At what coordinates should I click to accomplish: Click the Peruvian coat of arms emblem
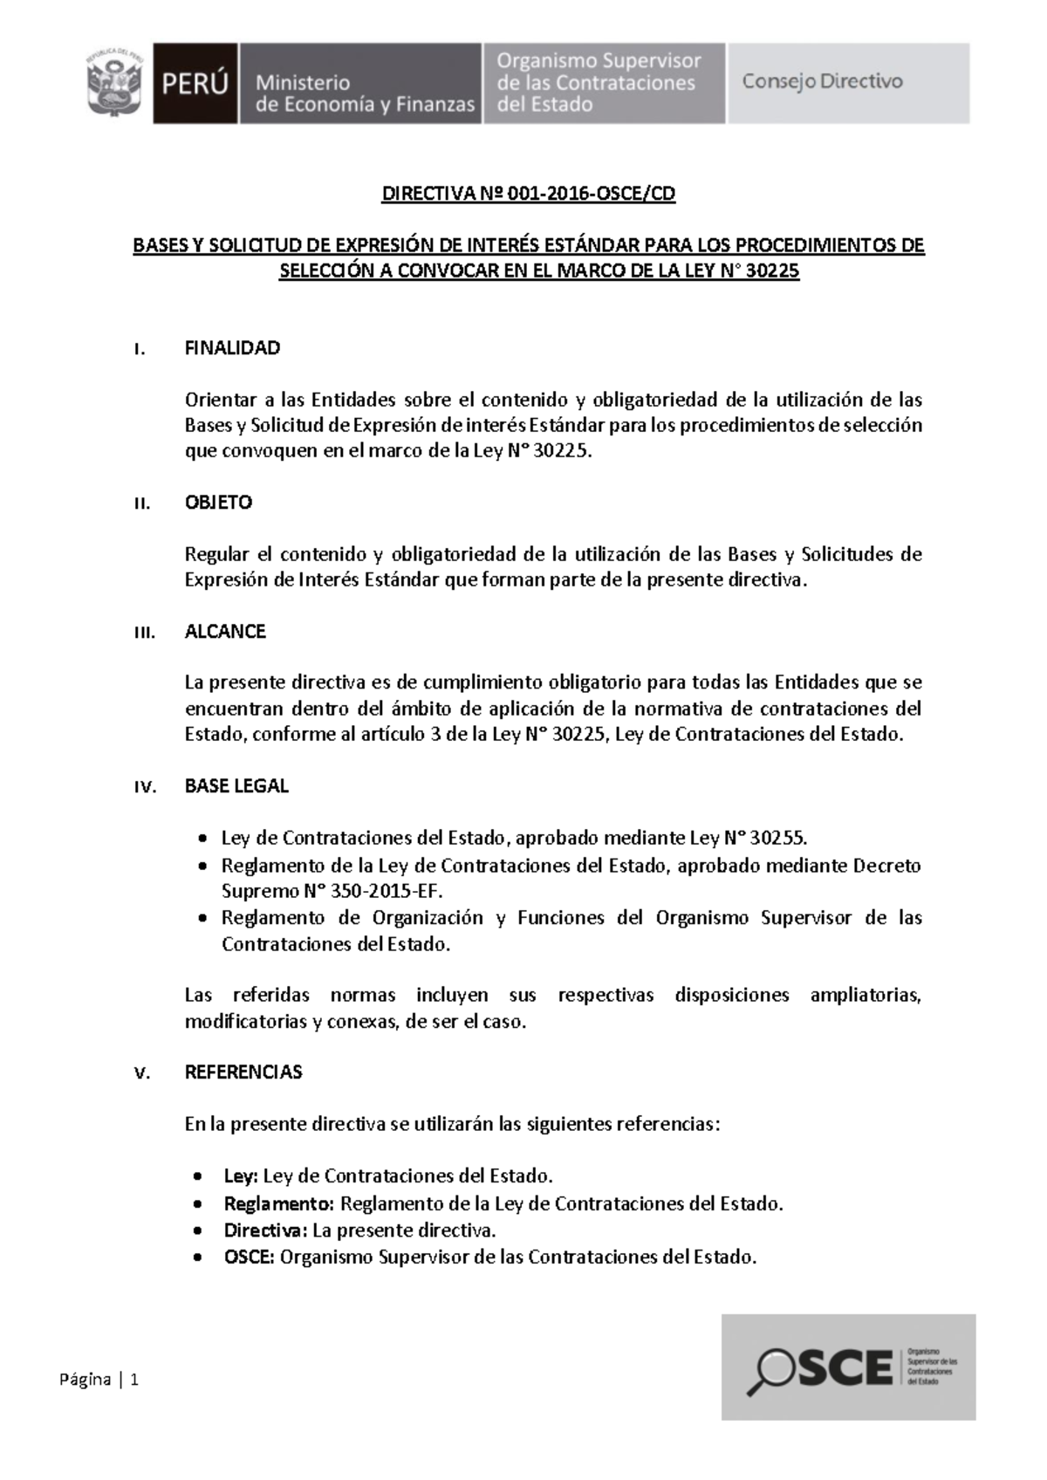(113, 83)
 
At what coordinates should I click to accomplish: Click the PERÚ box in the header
(195, 84)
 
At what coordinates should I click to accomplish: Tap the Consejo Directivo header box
(848, 83)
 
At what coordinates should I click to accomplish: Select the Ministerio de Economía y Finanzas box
(360, 84)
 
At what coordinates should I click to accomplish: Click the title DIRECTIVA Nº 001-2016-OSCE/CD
(528, 194)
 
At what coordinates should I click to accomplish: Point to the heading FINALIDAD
(232, 348)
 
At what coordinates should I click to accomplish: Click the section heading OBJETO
(218, 503)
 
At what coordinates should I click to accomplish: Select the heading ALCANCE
(225, 631)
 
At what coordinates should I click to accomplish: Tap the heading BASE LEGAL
(236, 785)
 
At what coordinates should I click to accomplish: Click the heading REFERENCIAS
(243, 1072)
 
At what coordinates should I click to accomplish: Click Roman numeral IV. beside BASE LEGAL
(144, 786)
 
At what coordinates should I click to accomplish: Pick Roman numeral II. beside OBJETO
(142, 504)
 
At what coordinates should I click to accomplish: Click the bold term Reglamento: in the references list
(279, 1203)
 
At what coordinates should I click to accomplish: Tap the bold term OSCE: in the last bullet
(250, 1257)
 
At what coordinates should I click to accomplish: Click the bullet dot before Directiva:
(202, 1231)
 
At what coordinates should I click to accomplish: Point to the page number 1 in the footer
(135, 1380)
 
